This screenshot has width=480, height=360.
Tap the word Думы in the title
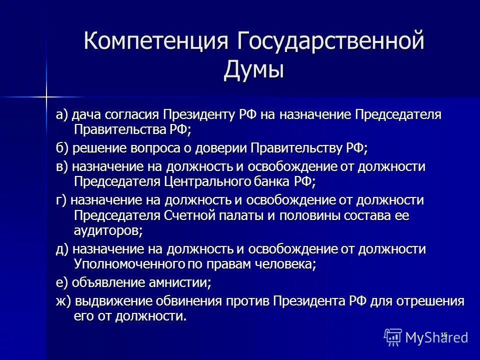253,69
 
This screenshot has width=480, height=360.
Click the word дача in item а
86,114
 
